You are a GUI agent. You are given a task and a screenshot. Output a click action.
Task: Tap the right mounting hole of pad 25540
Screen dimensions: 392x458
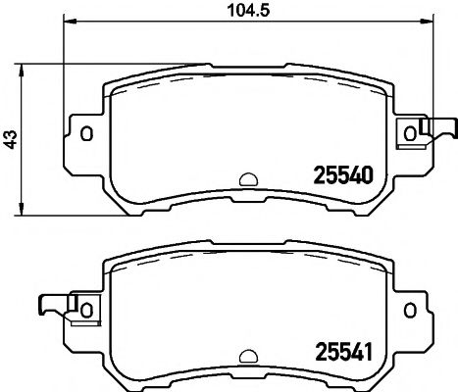[409, 133]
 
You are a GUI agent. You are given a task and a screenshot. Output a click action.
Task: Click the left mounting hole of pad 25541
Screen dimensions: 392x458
[85, 309]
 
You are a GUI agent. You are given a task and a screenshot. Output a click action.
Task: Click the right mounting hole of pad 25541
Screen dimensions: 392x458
[409, 309]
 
